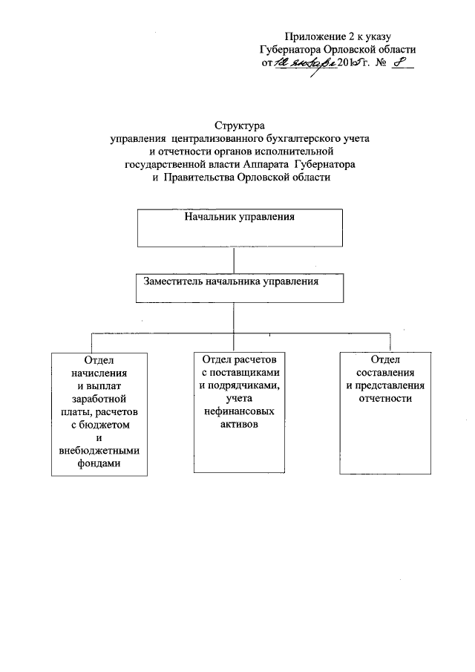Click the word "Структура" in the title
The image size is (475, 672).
(239, 126)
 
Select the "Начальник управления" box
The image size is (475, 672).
(240, 227)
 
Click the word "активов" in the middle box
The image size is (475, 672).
(240, 424)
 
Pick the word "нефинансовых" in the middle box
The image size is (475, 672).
(240, 411)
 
